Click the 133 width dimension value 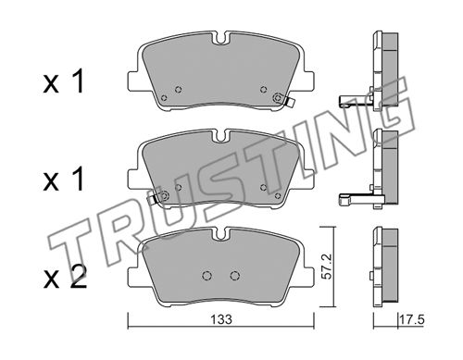[x=221, y=319]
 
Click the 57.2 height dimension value [x=327, y=267]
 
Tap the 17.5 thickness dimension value [x=412, y=319]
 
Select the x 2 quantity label [x=65, y=278]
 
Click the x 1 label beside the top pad [x=64, y=81]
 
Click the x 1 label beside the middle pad [x=64, y=179]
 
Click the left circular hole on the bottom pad [x=206, y=276]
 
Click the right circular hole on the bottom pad [x=234, y=276]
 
